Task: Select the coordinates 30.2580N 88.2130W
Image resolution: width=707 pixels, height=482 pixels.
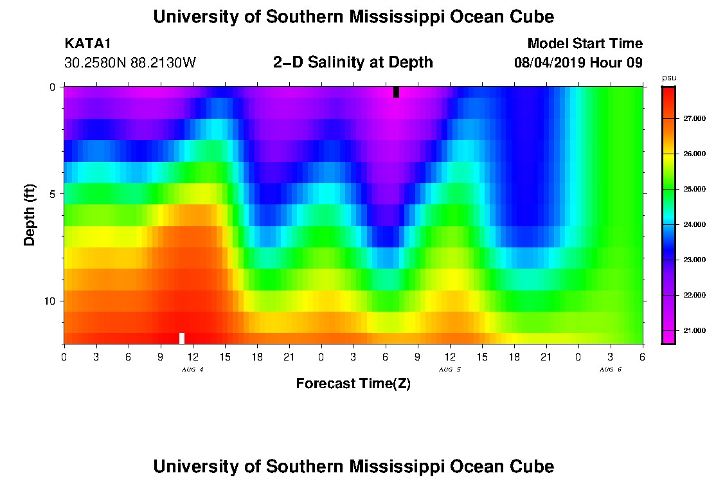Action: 130,63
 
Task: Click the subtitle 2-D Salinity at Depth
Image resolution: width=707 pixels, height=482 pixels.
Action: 353,62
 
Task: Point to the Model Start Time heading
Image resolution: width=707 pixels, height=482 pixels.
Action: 584,44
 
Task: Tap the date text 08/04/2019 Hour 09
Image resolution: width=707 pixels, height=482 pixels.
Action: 578,63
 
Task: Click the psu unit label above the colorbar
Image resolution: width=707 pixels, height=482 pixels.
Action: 668,78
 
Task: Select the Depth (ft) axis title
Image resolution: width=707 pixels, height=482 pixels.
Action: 30,215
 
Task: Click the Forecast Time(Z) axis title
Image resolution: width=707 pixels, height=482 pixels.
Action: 353,384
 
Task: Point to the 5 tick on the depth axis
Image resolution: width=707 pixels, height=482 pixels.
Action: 51,193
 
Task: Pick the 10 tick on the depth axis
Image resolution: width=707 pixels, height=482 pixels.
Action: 49,301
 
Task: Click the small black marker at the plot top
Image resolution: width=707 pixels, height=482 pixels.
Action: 396,92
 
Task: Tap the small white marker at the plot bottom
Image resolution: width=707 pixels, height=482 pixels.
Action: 182,338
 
